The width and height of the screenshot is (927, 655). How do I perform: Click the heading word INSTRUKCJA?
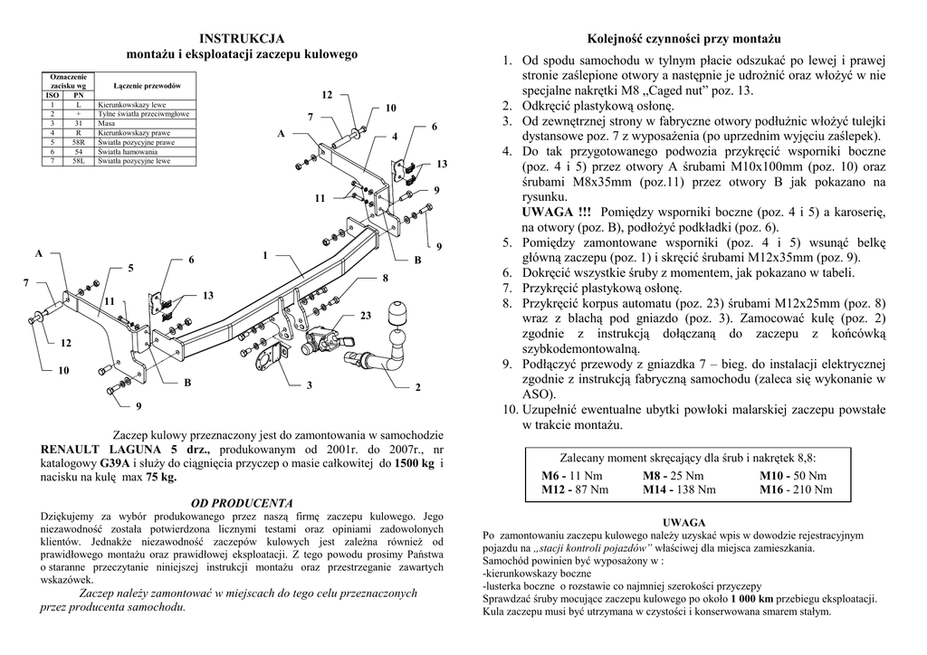(x=242, y=38)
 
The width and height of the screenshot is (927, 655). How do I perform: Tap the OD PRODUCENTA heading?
(x=241, y=502)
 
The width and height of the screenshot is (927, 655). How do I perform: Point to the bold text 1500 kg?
(x=416, y=461)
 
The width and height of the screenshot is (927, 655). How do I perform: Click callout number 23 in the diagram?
(x=366, y=315)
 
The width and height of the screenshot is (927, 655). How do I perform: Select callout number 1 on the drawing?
(x=265, y=255)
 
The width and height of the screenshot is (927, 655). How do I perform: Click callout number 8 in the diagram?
(x=385, y=277)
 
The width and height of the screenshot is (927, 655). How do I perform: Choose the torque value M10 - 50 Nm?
(x=793, y=476)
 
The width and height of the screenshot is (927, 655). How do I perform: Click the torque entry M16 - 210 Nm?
(x=796, y=490)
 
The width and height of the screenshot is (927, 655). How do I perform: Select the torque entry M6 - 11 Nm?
(x=571, y=476)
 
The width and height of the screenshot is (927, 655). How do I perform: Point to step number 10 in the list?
(x=507, y=410)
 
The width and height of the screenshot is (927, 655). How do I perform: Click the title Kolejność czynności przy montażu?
(x=683, y=39)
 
